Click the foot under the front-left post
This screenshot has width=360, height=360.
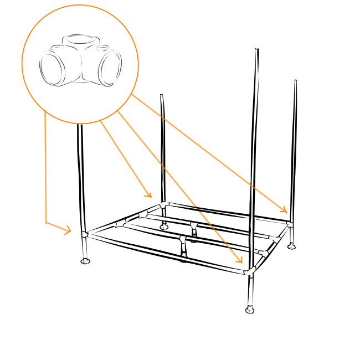tap(85, 261)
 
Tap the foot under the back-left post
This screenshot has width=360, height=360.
tap(163, 226)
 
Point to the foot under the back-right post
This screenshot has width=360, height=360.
tap(292, 245)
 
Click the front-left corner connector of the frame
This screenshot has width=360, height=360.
tap(85, 234)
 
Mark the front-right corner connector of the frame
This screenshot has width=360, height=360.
tap(251, 271)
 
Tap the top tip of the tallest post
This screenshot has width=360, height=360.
tap(256, 50)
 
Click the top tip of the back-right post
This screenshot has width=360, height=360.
tap(295, 81)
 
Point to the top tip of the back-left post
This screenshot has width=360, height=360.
tap(162, 95)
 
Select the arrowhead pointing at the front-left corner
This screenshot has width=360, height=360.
tap(69, 229)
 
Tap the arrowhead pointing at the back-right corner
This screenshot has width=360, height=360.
tap(285, 210)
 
